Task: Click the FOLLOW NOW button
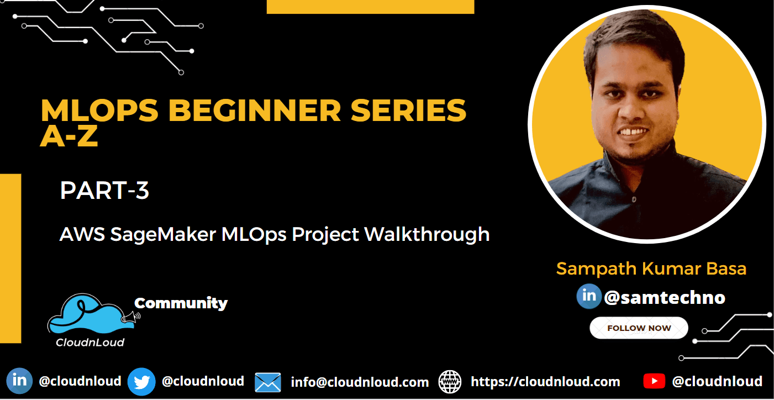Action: (x=639, y=328)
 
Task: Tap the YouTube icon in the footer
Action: (x=654, y=381)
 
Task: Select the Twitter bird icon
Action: (x=141, y=381)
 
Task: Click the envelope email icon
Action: (x=268, y=382)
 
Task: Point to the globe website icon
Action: (x=450, y=381)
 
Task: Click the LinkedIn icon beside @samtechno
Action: (x=589, y=296)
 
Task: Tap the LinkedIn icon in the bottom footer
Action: (x=19, y=381)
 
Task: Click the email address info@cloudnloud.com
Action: (x=360, y=382)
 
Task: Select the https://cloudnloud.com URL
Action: (x=545, y=382)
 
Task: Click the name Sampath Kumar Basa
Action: (x=651, y=269)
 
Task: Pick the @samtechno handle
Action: (x=665, y=298)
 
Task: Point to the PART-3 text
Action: (x=104, y=191)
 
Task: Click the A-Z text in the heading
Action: (x=69, y=136)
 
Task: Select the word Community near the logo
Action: (x=181, y=303)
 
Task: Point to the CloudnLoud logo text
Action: (x=90, y=342)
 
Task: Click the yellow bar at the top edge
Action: (x=370, y=6)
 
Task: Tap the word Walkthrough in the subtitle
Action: (x=427, y=234)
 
